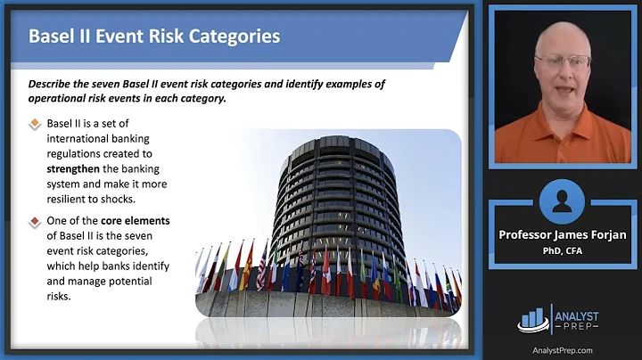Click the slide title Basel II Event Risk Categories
point(154,37)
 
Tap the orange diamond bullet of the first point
point(35,124)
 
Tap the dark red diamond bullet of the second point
point(35,219)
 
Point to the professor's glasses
point(563,61)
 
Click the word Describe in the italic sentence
point(53,84)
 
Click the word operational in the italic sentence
point(62,100)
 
